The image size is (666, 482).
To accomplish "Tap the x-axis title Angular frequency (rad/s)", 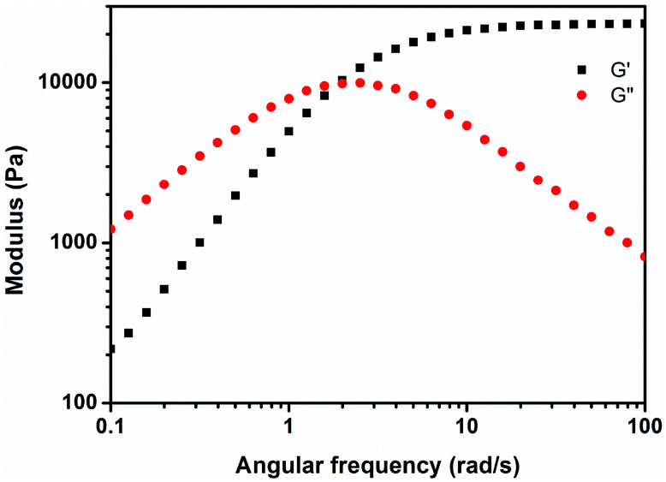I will pos(377,465).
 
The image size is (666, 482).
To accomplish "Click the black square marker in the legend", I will pos(582,69).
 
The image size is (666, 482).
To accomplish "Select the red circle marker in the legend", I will pos(582,95).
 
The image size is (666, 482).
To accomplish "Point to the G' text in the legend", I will pos(621,69).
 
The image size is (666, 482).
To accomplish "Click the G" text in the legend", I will pos(622,95).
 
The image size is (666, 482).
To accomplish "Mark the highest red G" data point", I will pos(360,82).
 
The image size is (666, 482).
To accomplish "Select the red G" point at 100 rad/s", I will pos(644,256).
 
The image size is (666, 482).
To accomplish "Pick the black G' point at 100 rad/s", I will pos(644,23).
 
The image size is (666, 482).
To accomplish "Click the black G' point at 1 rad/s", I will pos(288,131).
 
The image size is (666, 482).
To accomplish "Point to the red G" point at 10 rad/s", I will pos(467,125).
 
